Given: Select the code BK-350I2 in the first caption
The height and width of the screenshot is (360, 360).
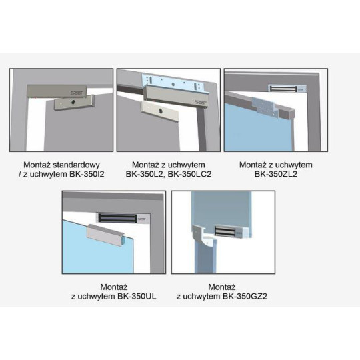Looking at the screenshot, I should (x=82, y=175).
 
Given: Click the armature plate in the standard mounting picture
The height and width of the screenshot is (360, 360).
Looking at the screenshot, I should (x=72, y=104).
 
